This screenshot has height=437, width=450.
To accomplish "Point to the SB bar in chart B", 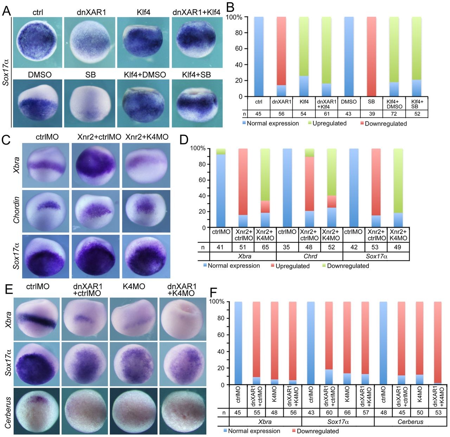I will [x=371, y=56].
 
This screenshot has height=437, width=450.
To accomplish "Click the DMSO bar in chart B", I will [x=349, y=56].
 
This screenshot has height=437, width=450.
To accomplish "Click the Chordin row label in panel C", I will [x=16, y=210].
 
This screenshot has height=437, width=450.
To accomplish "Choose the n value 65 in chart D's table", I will [x=265, y=247].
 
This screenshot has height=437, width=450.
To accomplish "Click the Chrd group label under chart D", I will [x=309, y=256].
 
